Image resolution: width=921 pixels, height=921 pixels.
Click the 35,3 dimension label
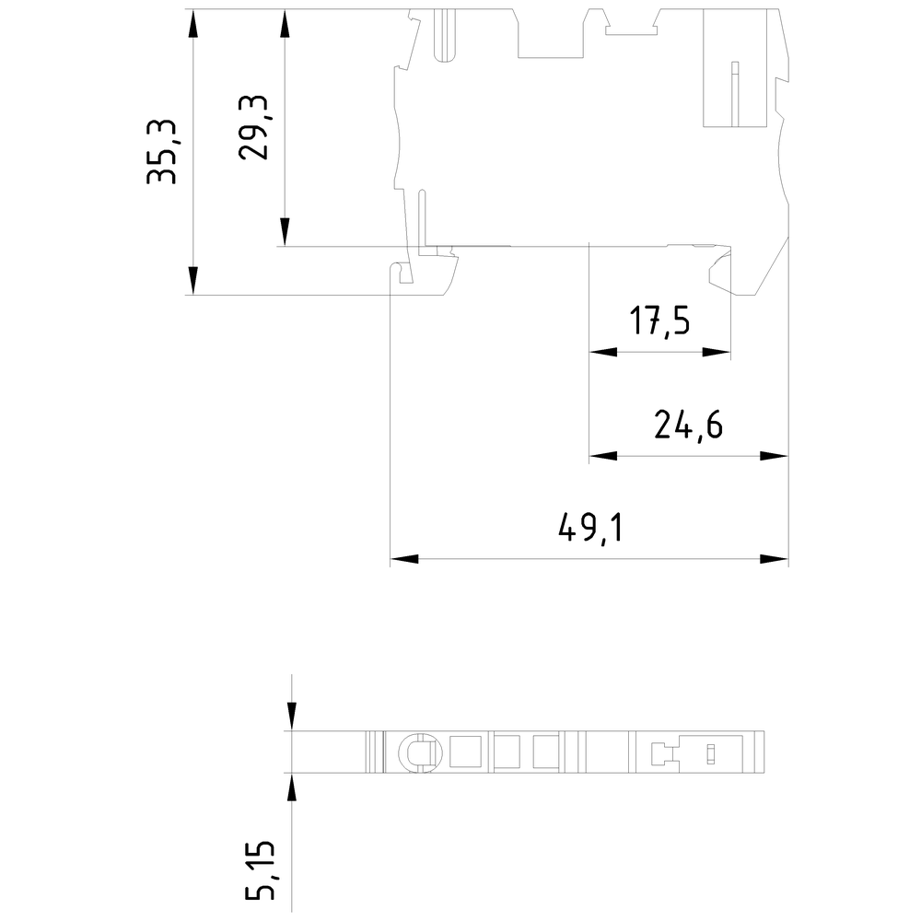[x=161, y=152]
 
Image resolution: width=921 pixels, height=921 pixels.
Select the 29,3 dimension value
[x=253, y=127]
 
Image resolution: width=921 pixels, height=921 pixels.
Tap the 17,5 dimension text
[x=659, y=321]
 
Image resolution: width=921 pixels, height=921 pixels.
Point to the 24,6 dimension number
[x=688, y=425]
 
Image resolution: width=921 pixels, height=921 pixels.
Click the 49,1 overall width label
[x=589, y=528]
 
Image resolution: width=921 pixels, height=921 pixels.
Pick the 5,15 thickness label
[x=260, y=871]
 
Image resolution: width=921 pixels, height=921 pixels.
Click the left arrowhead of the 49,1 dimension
[x=404, y=559]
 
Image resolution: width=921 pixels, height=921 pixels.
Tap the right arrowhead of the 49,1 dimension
[x=774, y=559]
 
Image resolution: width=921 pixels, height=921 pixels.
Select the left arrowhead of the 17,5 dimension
[x=603, y=353]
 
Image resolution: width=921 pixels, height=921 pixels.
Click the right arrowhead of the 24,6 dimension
[x=774, y=456]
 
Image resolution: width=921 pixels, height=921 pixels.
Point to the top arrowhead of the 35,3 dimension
[x=192, y=24]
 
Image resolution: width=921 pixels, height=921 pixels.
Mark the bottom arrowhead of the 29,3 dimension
[x=285, y=232]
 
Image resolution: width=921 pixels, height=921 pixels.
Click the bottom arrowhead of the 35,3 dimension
[x=192, y=280]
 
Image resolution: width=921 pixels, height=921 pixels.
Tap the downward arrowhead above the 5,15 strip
[x=292, y=717]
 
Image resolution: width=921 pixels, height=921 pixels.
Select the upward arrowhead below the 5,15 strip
[x=292, y=787]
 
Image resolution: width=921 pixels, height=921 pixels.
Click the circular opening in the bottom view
[x=420, y=752]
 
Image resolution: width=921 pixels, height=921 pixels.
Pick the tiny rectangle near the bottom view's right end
[x=711, y=753]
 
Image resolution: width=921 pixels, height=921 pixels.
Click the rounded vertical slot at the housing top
[x=445, y=35]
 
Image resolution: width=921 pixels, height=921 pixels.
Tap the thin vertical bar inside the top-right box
[x=734, y=93]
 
